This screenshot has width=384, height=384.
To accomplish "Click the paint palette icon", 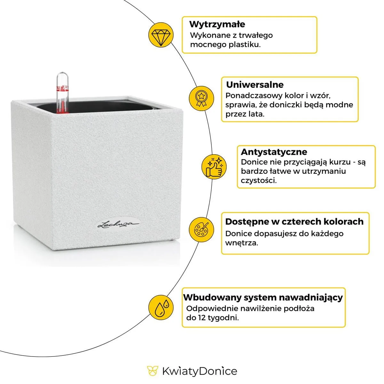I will pos(201,229).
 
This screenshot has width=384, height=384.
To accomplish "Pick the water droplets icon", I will pos(161,307).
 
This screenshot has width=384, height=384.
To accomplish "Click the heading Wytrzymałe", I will pos(217,24).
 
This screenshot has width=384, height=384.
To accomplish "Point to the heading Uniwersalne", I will pos(255,85).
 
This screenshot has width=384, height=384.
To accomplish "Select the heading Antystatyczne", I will pos(274,152).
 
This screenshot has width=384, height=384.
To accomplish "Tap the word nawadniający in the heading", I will pos(310,298).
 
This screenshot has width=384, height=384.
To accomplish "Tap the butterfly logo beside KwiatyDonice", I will pos(153,371).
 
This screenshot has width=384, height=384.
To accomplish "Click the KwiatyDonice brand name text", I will pos(200,371).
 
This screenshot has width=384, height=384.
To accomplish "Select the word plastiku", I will pos(244,44).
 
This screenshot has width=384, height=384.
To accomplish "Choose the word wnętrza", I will pos(241,243).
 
